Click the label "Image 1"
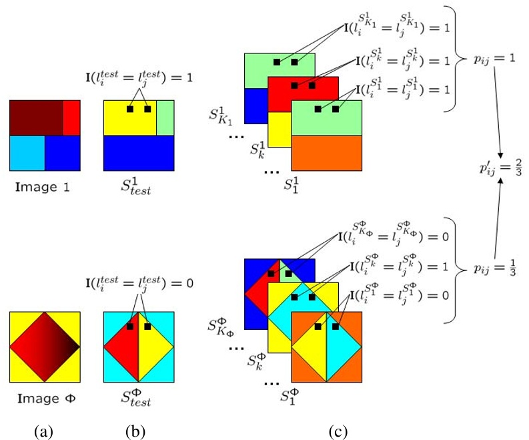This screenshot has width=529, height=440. (x=43, y=187)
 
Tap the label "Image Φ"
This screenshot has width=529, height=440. (x=47, y=399)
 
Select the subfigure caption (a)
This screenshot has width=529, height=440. (x=43, y=431)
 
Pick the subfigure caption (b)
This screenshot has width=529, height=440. (x=135, y=431)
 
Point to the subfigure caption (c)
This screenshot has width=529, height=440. (x=338, y=431)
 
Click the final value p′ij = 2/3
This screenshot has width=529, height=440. (x=501, y=168)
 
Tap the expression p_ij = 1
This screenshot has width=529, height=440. (x=494, y=59)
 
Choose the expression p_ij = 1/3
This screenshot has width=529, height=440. (x=495, y=268)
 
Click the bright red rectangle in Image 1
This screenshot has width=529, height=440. (x=71, y=118)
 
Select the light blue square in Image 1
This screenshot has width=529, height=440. (x=27, y=153)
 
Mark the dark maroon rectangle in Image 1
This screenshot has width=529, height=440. (x=37, y=118)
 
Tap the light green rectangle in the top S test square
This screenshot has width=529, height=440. (x=165, y=118)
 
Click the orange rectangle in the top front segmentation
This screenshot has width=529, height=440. (x=327, y=153)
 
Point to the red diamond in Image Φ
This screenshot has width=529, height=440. (x=45, y=347)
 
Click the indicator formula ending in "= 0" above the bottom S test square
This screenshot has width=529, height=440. (x=139, y=282)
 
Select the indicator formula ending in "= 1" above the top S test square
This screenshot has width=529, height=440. (x=139, y=77)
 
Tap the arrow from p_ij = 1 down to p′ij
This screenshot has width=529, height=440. (x=498, y=112)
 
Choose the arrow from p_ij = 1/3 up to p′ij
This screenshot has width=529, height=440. (x=498, y=218)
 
